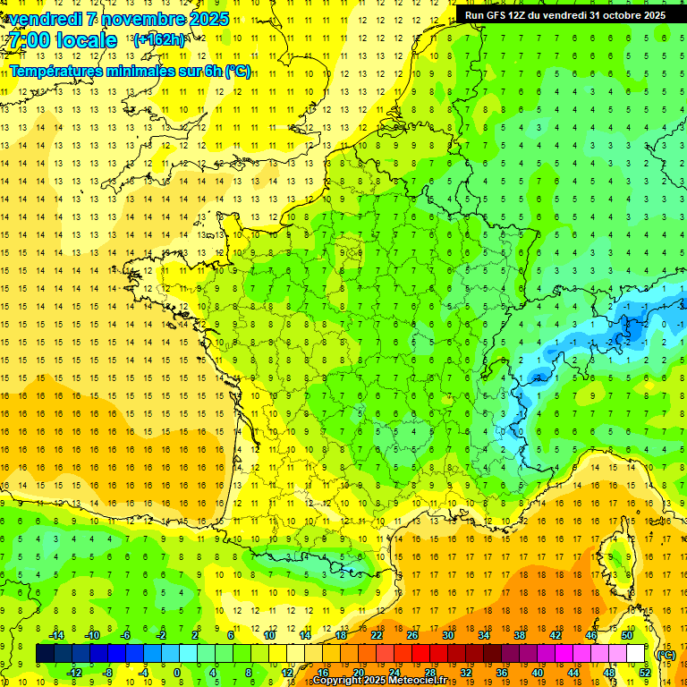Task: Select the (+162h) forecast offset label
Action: (158, 40)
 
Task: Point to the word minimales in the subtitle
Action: (146, 72)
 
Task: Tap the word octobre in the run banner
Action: (615, 15)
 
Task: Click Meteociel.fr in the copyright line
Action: (422, 681)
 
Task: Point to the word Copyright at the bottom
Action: (336, 681)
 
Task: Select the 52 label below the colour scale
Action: (644, 672)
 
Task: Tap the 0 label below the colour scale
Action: (177, 672)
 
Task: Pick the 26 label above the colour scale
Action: (412, 635)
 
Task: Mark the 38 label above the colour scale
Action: (520, 635)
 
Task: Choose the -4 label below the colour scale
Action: (142, 672)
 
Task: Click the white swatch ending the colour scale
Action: (636, 654)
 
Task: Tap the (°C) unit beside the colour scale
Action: (666, 654)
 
